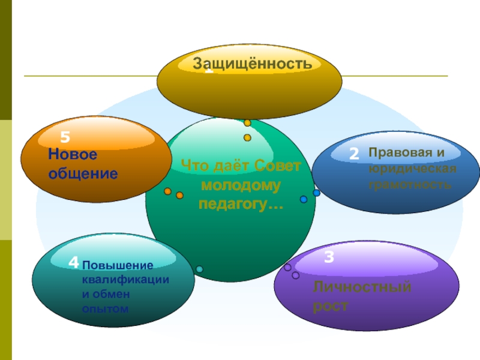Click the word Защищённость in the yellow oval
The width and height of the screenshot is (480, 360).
(252, 63)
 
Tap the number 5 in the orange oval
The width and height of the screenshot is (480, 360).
(65, 136)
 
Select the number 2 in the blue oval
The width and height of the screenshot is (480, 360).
(354, 154)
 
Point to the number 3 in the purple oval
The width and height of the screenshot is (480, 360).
(329, 258)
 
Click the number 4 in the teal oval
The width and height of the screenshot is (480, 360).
(73, 262)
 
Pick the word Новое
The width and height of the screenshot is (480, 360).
(73, 155)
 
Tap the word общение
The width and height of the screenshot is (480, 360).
(83, 174)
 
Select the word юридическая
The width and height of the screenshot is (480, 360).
(413, 169)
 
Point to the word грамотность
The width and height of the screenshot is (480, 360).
(410, 185)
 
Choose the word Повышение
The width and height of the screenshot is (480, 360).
(118, 265)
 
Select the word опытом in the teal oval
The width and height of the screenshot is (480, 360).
(106, 308)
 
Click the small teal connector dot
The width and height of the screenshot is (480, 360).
(199, 269)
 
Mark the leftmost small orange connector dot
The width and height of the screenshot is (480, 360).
(168, 191)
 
